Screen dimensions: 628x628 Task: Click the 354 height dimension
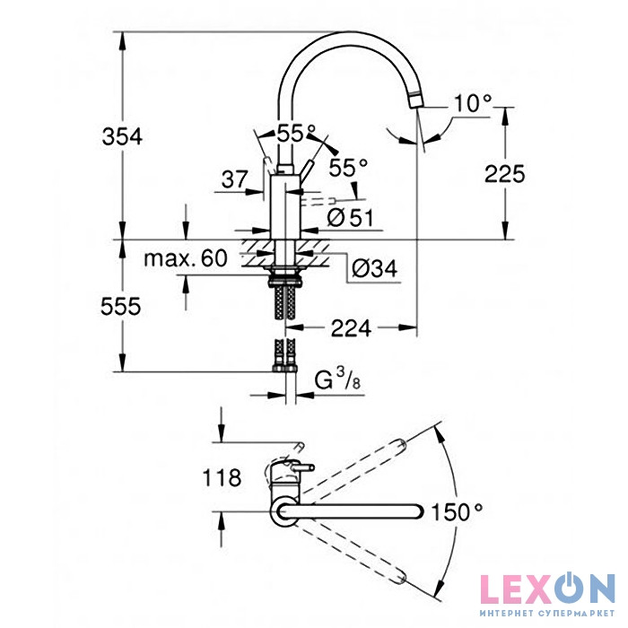click(122, 136)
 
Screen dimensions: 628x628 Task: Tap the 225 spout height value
click(504, 174)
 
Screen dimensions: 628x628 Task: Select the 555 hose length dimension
click(120, 307)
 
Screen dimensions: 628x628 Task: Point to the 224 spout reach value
click(352, 329)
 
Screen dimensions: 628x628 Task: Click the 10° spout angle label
click(473, 103)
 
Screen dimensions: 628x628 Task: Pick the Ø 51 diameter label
click(350, 218)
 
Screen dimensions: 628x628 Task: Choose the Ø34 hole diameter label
click(374, 268)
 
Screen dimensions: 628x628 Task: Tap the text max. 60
click(186, 258)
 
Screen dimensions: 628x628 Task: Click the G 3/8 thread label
click(337, 379)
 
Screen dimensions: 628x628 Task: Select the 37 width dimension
click(235, 179)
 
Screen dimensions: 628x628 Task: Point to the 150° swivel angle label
click(457, 512)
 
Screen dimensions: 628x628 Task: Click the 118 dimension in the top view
click(222, 477)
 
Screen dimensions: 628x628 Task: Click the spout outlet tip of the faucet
click(416, 100)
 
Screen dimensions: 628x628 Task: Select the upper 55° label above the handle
click(296, 134)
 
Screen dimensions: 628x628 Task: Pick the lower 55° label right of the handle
click(348, 168)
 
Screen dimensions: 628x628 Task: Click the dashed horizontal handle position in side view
click(318, 202)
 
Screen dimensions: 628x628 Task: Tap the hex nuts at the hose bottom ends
click(284, 368)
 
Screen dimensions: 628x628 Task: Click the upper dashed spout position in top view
click(352, 466)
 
